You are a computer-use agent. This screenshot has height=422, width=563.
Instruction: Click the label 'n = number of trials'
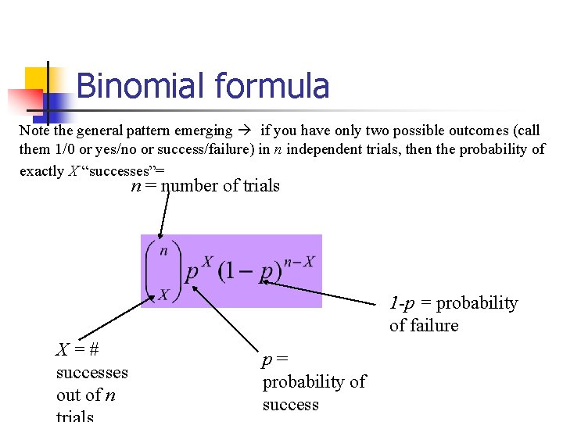[205, 186]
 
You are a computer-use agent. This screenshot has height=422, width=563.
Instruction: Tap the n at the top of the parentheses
[163, 251]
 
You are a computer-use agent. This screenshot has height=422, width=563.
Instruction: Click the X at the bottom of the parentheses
[163, 295]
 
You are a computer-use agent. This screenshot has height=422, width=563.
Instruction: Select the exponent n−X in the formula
[299, 261]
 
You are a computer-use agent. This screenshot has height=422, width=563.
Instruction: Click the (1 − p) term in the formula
[249, 272]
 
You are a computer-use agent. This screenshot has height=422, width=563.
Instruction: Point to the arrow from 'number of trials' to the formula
[163, 216]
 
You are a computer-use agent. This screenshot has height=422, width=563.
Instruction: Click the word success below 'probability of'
[291, 405]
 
